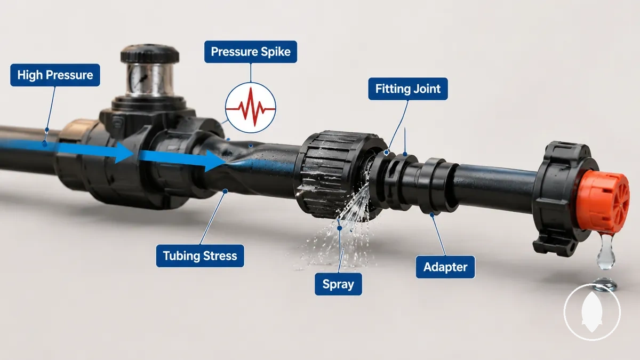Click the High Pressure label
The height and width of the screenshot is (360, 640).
pyautogui.click(x=55, y=75)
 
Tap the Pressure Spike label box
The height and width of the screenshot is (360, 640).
pyautogui.click(x=251, y=52)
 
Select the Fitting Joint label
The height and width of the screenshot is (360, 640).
pyautogui.click(x=407, y=89)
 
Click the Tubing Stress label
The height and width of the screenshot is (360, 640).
pyautogui.click(x=200, y=255)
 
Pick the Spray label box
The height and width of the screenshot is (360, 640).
pyautogui.click(x=338, y=284)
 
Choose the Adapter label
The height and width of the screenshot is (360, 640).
pyautogui.click(x=445, y=267)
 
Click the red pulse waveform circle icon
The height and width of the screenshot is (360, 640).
pyautogui.click(x=251, y=108)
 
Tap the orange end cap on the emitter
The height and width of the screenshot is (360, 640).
pyautogui.click(x=603, y=202)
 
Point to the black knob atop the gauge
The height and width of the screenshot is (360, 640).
pyautogui.click(x=150, y=54)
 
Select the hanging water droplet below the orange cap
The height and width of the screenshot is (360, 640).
pyautogui.click(x=606, y=251)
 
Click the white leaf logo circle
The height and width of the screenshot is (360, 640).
pyautogui.click(x=592, y=312)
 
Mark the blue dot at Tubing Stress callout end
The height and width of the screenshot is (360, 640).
pyautogui.click(x=225, y=191)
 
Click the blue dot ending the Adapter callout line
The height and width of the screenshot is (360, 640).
pyautogui.click(x=432, y=214)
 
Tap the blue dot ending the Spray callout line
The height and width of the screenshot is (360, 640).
pyautogui.click(x=339, y=228)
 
